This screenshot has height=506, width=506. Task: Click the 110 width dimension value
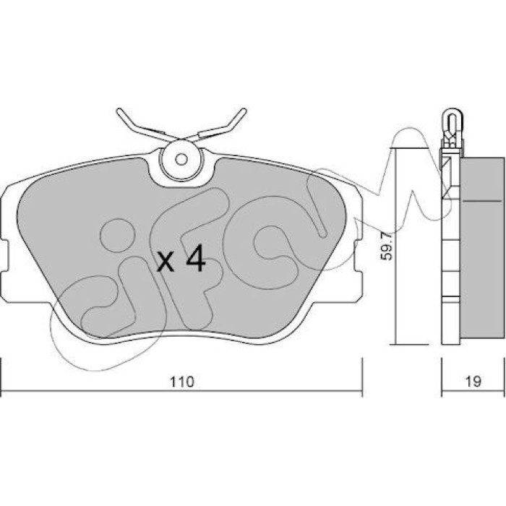(x=182, y=382)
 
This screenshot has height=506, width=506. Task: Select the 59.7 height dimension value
(x=386, y=246)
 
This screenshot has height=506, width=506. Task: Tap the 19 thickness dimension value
(x=473, y=382)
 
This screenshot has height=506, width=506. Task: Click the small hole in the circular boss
(x=181, y=159)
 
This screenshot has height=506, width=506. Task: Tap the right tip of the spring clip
(x=244, y=111)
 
